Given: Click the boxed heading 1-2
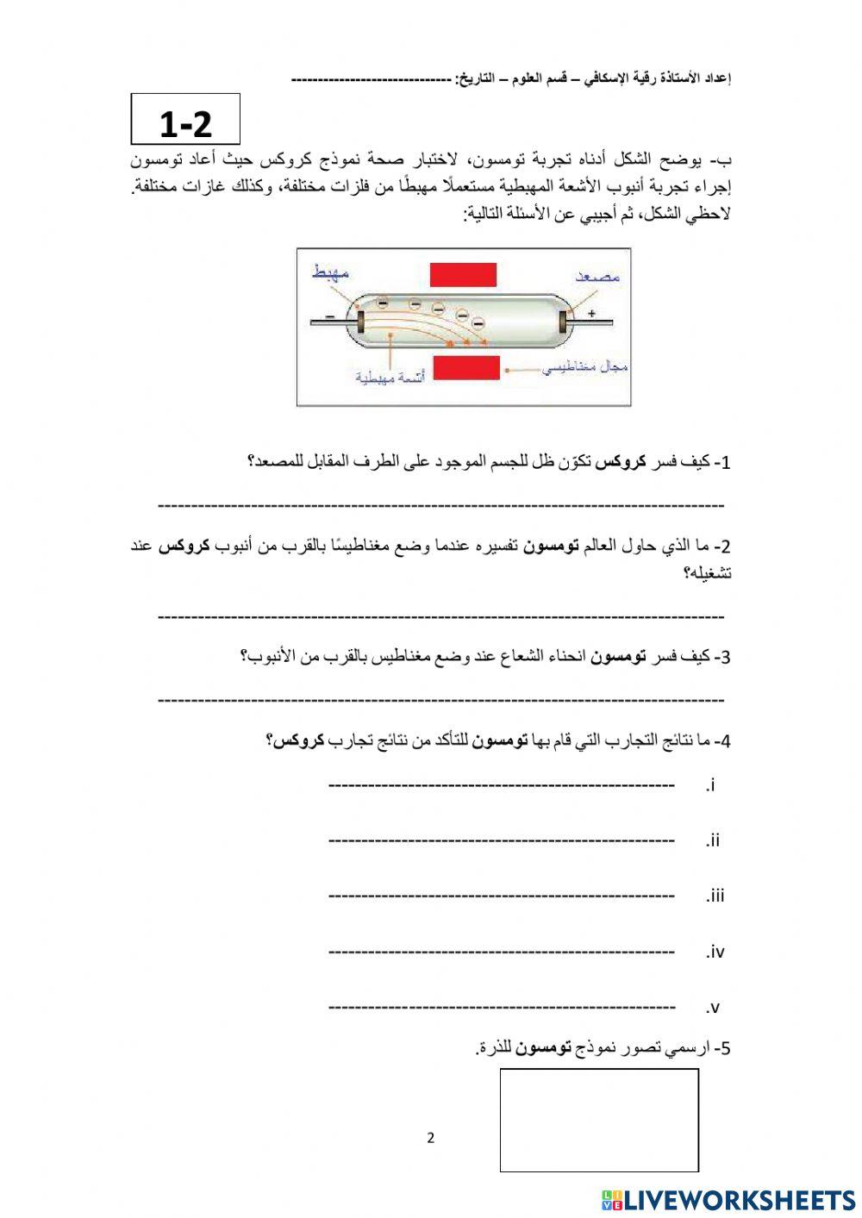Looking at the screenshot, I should click(x=185, y=121).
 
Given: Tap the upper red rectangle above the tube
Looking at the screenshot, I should click(x=463, y=274).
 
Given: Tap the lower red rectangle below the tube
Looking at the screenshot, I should click(x=465, y=368).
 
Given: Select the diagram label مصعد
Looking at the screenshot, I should click(x=599, y=277).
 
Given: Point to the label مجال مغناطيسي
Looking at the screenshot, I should click(x=585, y=369).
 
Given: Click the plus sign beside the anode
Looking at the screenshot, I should click(x=591, y=315).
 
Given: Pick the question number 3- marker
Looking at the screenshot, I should click(x=722, y=658).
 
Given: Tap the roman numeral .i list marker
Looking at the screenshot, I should click(x=711, y=785).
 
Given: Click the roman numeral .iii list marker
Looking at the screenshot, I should click(x=715, y=896).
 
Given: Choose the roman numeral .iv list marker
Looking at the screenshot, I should click(x=715, y=953).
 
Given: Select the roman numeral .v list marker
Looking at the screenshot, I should click(x=712, y=1008).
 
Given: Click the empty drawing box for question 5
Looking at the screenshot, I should click(x=599, y=1120).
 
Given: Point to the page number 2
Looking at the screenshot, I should click(x=431, y=1138).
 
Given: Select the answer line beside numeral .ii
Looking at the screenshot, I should click(x=502, y=840).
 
